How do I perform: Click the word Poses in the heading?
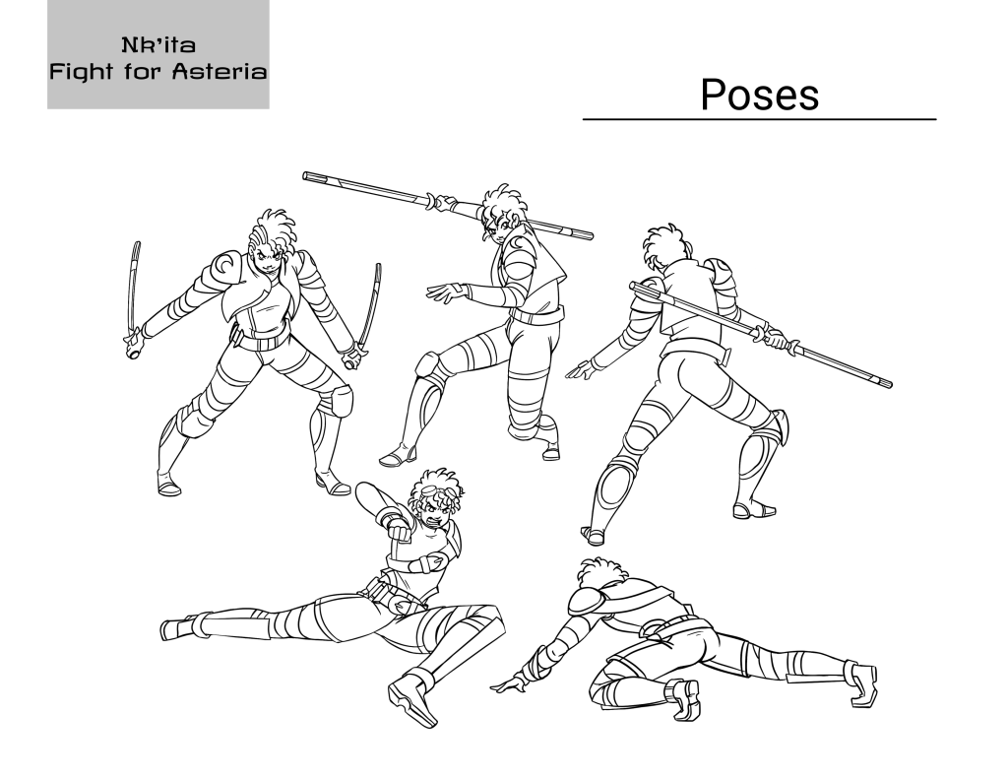coord(759,95)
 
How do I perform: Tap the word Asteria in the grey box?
coord(220,71)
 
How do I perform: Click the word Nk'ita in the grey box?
coord(158,45)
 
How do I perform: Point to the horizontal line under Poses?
coord(759,119)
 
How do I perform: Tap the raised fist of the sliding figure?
coord(400,532)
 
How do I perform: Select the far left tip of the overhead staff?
coord(305,174)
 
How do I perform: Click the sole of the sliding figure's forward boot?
coord(411,706)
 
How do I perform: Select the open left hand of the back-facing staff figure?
coord(581,370)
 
